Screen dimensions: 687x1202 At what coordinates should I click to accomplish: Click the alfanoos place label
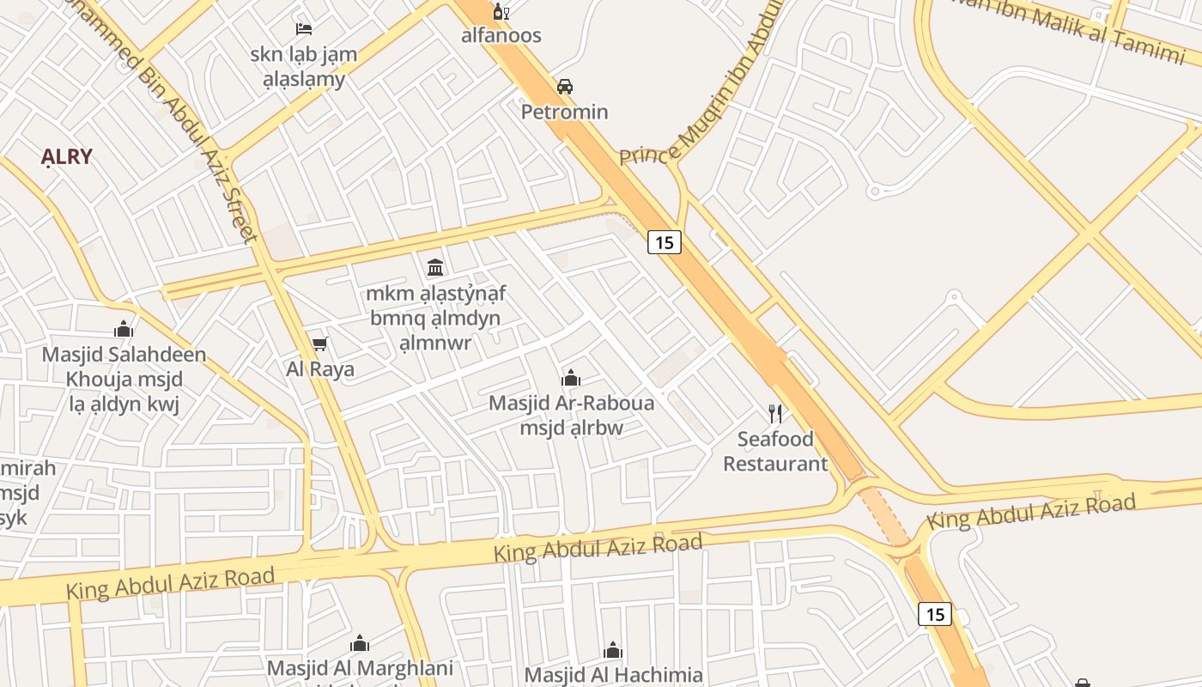tap(501, 35)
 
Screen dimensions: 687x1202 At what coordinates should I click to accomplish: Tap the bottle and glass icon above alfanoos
tap(501, 12)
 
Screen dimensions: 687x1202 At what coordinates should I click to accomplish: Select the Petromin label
tap(565, 112)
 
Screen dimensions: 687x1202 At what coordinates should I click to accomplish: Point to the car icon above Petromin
tap(565, 87)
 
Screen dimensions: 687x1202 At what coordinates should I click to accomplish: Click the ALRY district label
tap(67, 157)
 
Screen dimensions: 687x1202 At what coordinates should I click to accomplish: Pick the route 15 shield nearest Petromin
tap(664, 242)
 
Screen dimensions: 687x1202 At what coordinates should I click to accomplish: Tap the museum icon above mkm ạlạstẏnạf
tap(435, 267)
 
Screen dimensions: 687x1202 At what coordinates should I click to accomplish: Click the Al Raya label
tap(320, 369)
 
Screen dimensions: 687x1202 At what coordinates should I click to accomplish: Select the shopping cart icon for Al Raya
tap(320, 344)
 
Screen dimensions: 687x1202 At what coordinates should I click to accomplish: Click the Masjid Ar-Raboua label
tap(571, 403)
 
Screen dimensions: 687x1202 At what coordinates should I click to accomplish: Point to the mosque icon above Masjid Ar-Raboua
tap(571, 378)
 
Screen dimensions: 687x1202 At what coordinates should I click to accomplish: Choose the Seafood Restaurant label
tap(775, 452)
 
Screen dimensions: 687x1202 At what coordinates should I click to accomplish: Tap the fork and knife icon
tap(775, 414)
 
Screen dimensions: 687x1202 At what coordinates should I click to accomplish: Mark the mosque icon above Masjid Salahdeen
tap(124, 329)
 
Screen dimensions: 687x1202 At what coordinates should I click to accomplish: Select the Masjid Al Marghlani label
tap(360, 668)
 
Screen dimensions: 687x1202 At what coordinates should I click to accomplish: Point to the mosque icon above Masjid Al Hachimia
tap(613, 650)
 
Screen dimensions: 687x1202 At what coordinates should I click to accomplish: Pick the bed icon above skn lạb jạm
tap(303, 29)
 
